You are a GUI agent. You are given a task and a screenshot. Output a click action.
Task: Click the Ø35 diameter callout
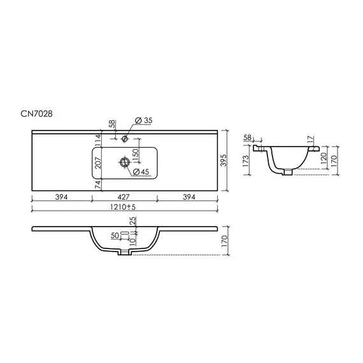pyautogui.click(x=145, y=120)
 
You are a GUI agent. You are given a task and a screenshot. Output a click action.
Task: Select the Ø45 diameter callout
pyautogui.click(x=141, y=172)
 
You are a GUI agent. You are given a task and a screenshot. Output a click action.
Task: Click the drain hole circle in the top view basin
pyautogui.click(x=123, y=164)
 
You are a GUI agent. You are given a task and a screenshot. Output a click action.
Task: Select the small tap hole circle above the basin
pyautogui.click(x=125, y=138)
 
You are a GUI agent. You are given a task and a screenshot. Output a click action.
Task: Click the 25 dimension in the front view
pyautogui.click(x=132, y=221)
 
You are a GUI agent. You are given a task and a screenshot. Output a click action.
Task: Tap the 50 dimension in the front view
pyautogui.click(x=115, y=236)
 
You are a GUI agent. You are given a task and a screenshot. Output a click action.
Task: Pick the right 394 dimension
pyautogui.click(x=189, y=197)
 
